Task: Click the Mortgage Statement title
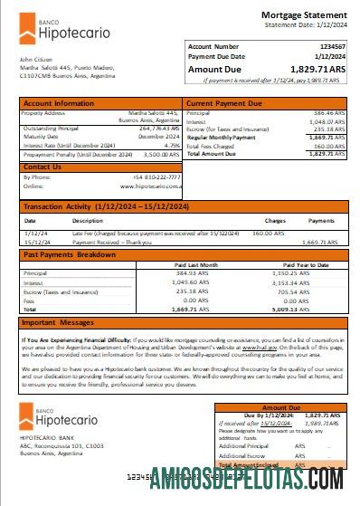tap(303, 14)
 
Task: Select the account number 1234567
tap(327, 46)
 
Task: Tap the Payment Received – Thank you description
tap(113, 243)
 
